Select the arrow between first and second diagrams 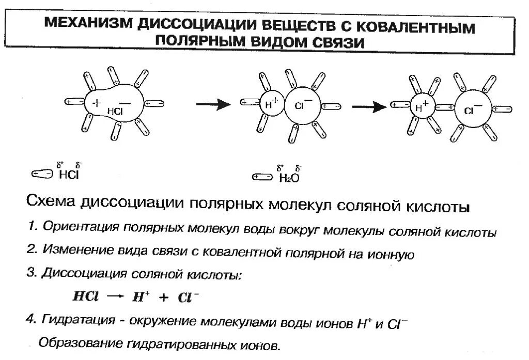click(x=213, y=104)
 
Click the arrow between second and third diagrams click(x=369, y=106)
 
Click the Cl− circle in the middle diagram click(x=302, y=107)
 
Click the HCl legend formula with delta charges click(x=69, y=174)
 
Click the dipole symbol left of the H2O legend click(x=261, y=178)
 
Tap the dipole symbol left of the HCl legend click(x=42, y=175)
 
